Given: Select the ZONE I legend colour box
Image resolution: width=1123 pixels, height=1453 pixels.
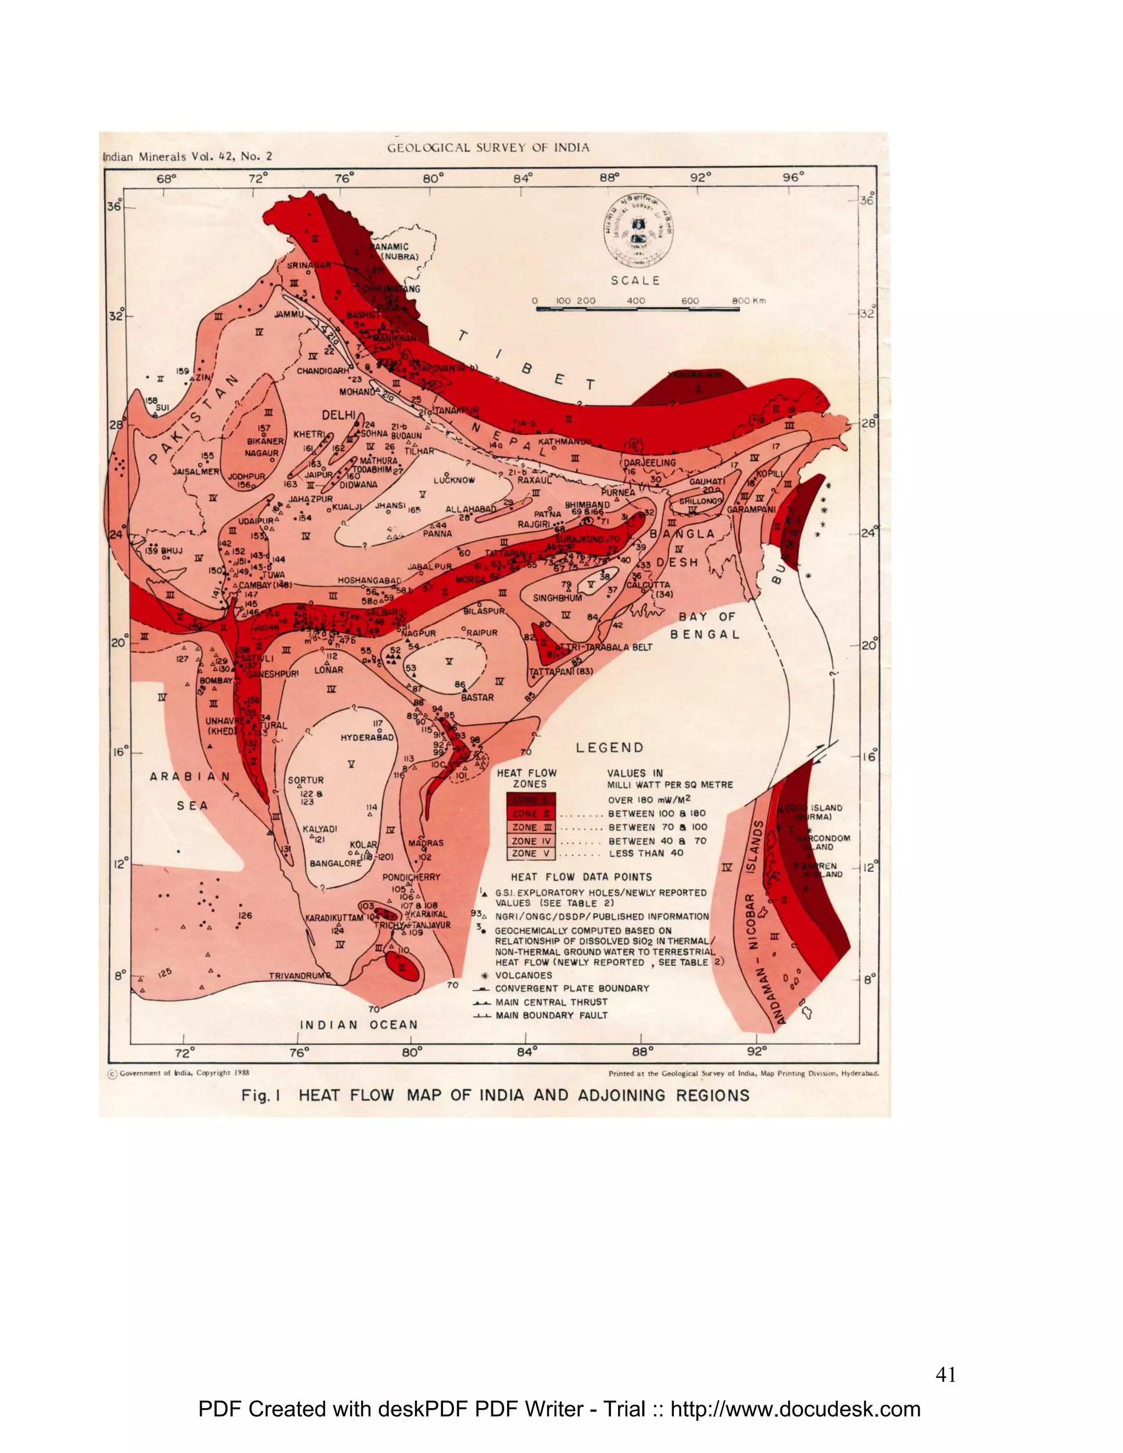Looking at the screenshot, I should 530,799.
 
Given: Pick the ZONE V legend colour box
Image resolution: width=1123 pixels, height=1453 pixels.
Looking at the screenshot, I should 530,854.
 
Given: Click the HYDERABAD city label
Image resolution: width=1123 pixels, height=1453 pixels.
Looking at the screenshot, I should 367,738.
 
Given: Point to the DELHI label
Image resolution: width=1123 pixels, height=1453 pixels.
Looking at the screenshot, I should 339,415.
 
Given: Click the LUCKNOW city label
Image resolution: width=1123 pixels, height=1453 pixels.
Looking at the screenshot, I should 455,480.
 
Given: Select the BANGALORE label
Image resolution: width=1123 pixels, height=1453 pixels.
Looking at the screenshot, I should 336,864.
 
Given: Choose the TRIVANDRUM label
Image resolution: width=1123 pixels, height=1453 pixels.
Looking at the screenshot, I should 297,976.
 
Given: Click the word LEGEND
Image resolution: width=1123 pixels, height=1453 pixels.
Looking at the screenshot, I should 609,748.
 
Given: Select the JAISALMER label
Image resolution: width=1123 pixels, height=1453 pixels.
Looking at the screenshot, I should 196,471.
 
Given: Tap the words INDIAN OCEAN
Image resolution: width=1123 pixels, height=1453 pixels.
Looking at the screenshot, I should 359,1025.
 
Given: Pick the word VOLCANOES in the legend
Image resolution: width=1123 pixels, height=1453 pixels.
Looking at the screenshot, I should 524,975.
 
